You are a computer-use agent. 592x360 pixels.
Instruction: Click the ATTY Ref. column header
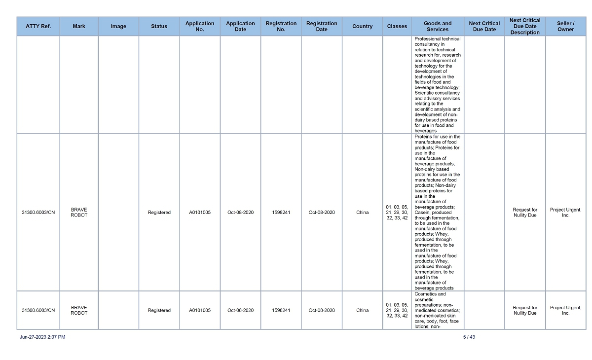(38, 27)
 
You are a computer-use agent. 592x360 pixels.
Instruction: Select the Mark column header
(79, 27)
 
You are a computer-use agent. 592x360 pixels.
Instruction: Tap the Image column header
(118, 27)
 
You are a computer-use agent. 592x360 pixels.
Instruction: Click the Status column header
(159, 27)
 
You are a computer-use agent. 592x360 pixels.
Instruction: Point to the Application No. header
(200, 27)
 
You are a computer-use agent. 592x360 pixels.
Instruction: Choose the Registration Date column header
(322, 27)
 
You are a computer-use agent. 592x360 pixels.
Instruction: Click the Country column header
(363, 27)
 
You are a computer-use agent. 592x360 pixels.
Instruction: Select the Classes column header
(397, 27)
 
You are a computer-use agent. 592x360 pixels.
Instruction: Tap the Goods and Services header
(438, 27)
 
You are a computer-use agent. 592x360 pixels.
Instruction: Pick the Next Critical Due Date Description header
(525, 27)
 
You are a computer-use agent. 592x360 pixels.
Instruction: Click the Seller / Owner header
(566, 27)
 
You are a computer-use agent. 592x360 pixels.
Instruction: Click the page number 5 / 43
(469, 337)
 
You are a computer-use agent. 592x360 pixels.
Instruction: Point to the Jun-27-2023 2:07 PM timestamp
(42, 337)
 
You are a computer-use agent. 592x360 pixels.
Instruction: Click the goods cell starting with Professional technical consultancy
(438, 85)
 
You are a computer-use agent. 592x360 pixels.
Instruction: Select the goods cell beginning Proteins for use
(438, 212)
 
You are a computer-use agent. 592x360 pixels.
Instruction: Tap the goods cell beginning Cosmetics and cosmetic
(438, 310)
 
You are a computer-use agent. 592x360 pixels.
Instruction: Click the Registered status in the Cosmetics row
(159, 311)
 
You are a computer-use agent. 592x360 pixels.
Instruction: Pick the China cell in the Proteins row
(363, 213)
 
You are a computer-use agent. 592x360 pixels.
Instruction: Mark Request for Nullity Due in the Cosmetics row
(525, 310)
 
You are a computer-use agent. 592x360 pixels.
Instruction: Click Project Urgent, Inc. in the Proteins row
(566, 213)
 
